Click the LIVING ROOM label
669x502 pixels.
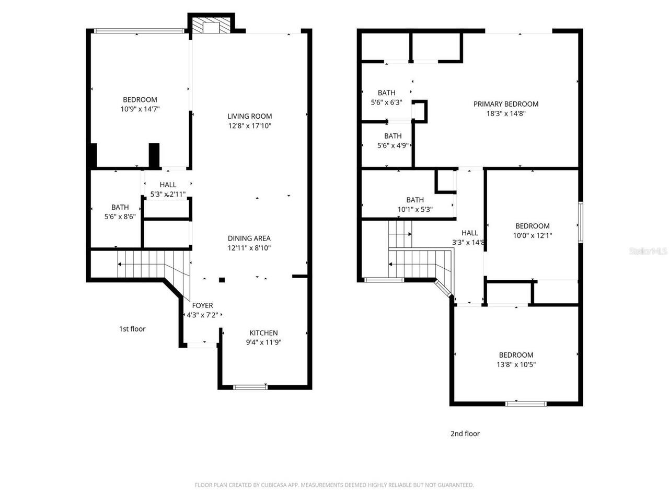coord(249,116)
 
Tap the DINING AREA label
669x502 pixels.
coord(249,238)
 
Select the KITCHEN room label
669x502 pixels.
coord(263,333)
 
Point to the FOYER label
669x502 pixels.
coord(202,305)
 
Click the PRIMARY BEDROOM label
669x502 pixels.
coord(505,104)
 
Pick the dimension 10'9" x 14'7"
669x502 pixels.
coord(140,109)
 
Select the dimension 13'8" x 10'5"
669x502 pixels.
coord(516,364)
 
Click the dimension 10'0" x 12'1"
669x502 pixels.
coord(532,236)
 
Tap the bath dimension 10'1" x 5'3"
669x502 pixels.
coord(415,210)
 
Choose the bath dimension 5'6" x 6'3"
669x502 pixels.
coord(386,102)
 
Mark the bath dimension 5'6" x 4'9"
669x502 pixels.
coord(393,146)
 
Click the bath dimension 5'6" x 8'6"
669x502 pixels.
coord(120,216)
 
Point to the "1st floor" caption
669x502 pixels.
coord(132,329)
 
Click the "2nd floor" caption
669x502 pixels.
coord(465,433)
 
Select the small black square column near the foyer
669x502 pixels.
coord(222,280)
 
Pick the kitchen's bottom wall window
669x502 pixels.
coord(250,387)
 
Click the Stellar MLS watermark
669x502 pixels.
coord(648,252)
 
